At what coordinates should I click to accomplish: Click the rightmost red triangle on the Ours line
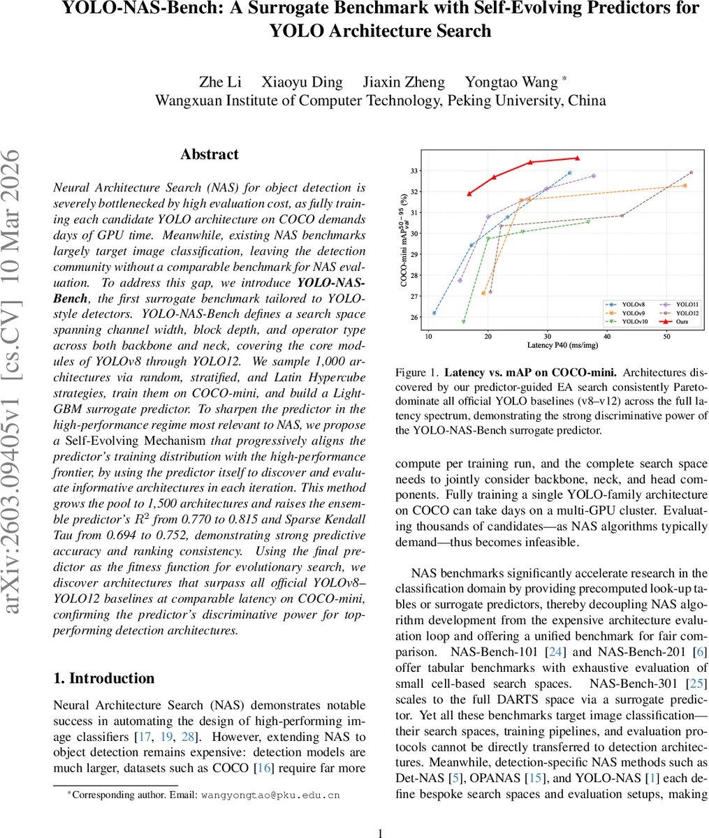pyautogui.click(x=577, y=158)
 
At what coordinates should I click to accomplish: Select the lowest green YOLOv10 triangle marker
pyautogui.click(x=464, y=322)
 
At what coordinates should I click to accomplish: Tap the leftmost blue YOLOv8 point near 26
pyautogui.click(x=434, y=313)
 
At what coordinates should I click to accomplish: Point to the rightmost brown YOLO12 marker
pyautogui.click(x=692, y=172)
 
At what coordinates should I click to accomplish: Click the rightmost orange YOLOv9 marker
pyautogui.click(x=685, y=185)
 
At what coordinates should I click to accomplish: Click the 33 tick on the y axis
pyautogui.click(x=415, y=170)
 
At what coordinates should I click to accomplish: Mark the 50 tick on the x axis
pyautogui.click(x=666, y=337)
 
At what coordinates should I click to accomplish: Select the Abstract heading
pyautogui.click(x=210, y=154)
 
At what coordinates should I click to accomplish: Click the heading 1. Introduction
pyautogui.click(x=104, y=678)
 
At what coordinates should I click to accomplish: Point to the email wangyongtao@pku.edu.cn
pyautogui.click(x=270, y=795)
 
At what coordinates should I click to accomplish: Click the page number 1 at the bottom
pyautogui.click(x=381, y=813)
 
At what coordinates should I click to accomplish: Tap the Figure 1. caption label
pyautogui.click(x=416, y=373)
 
